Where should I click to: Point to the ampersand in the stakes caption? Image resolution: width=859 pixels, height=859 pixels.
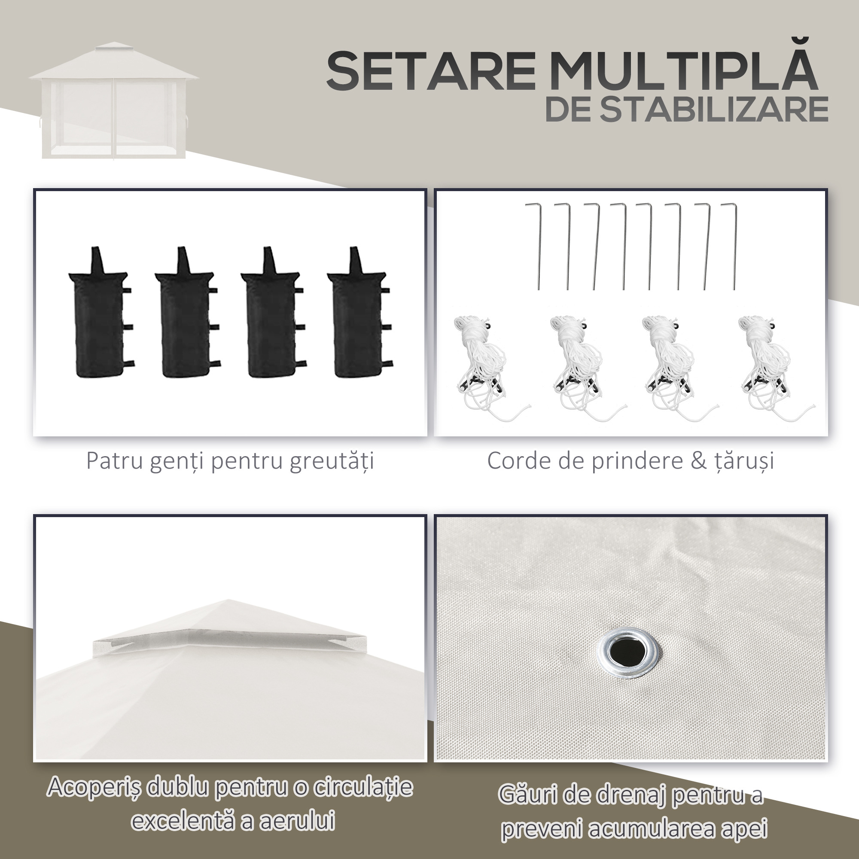tap(699, 461)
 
